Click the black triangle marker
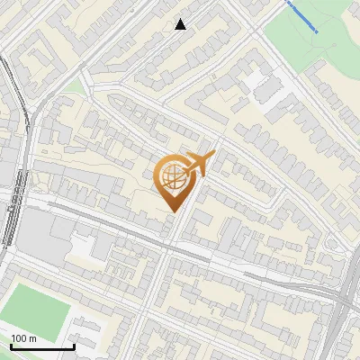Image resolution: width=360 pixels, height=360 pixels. [181, 24]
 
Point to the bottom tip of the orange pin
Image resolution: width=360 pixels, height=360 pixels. [172, 211]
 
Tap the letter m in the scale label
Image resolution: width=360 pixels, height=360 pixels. [32, 338]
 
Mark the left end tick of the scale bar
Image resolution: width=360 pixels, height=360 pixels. [12, 346]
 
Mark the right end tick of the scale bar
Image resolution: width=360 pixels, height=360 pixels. [74, 346]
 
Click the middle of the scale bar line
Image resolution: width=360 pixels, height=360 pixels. [42, 347]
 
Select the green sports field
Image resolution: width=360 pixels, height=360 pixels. [36, 306]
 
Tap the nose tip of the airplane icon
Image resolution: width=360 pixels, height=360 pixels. [214, 155]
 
